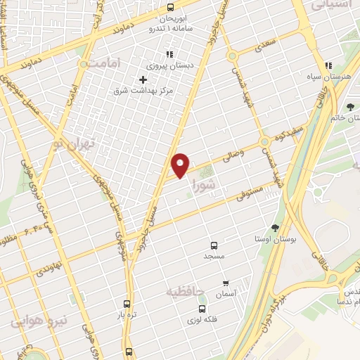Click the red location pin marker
pyautogui.click(x=181, y=164)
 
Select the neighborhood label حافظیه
pyautogui.click(x=185, y=290)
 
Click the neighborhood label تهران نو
pyautogui.click(x=71, y=146)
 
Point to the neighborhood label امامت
pyautogui.click(x=104, y=63)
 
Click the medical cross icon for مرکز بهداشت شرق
pyautogui.click(x=143, y=79)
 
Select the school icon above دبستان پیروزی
pyautogui.click(x=169, y=54)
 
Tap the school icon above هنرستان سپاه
pyautogui.click(x=328, y=64)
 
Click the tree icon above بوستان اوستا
pyautogui.click(x=274, y=228)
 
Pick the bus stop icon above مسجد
pyautogui.click(x=214, y=245)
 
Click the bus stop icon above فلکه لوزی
pyautogui.click(x=202, y=308)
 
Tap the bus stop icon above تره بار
pyautogui.click(x=127, y=304)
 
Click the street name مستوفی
pyautogui.click(x=249, y=192)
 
